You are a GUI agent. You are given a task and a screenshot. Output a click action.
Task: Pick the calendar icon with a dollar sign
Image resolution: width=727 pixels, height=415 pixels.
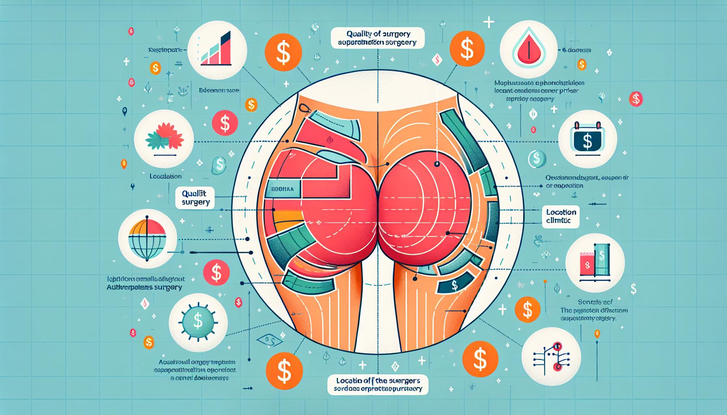(587, 139)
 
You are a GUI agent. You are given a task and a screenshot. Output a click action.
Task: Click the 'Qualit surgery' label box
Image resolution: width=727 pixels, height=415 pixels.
(196, 198)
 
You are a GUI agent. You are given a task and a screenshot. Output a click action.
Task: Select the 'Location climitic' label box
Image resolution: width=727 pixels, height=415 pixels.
(561, 216)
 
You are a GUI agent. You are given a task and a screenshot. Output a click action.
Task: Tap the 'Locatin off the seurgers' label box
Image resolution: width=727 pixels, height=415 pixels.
(378, 385)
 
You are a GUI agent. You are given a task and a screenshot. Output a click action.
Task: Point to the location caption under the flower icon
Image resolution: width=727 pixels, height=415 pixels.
(165, 176)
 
